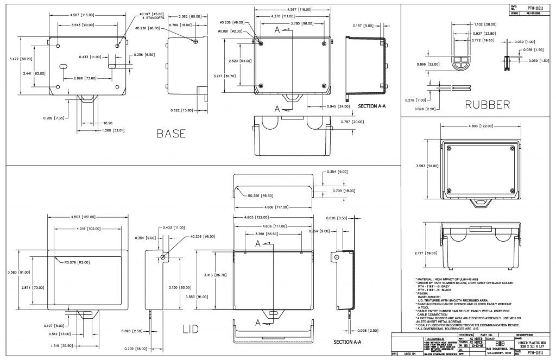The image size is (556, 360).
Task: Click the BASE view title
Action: coord(171,133)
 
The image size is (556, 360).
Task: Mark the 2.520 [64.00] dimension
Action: coord(240,60)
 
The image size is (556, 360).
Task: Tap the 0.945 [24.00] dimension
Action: coord(335,106)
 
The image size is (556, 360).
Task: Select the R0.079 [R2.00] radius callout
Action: coord(75,263)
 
